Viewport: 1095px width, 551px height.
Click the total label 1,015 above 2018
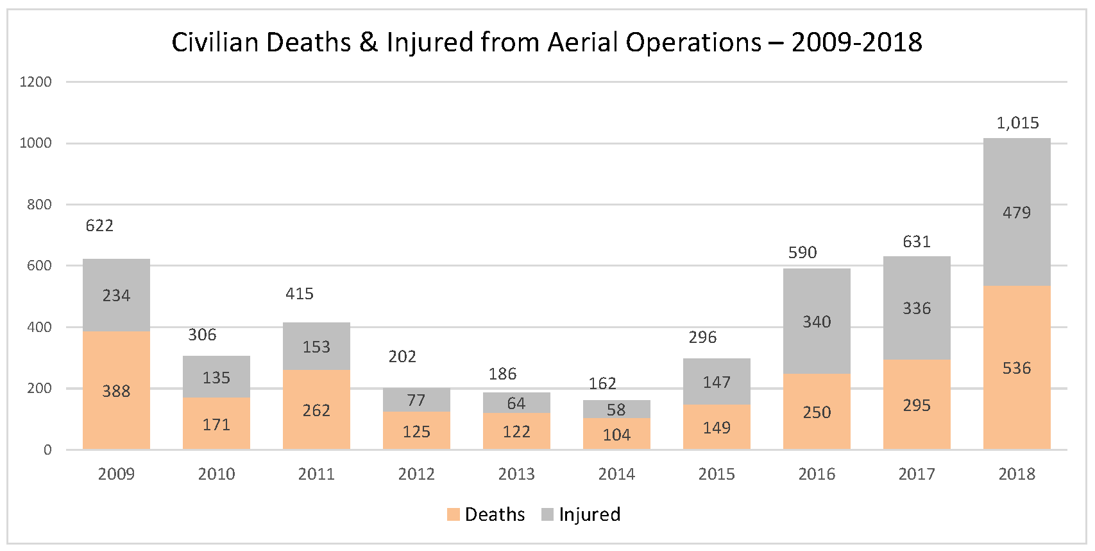click(1017, 123)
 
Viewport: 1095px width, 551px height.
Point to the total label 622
click(99, 225)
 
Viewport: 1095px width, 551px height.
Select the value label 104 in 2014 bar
click(616, 435)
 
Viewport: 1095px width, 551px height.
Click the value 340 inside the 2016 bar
click(817, 322)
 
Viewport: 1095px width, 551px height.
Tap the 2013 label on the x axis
click(516, 474)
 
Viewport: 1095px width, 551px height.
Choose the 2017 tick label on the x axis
click(917, 474)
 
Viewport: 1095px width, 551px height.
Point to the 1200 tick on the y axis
click(36, 82)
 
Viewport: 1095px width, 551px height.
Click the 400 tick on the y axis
click(39, 327)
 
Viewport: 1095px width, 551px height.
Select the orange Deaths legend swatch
click(454, 514)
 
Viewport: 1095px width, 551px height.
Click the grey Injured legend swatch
click(547, 514)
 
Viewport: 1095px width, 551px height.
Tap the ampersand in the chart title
click(368, 42)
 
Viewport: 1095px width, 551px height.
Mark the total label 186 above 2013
click(502, 374)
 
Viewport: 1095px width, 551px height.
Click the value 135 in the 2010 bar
click(216, 378)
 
